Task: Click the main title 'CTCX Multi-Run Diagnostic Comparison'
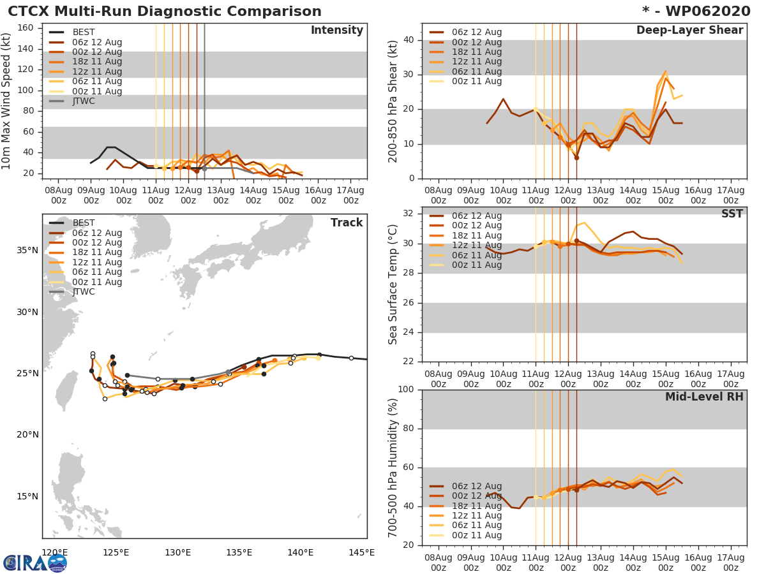click(x=165, y=11)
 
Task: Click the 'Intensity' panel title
click(x=336, y=31)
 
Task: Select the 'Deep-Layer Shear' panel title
click(x=689, y=31)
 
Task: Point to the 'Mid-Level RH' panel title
click(x=704, y=397)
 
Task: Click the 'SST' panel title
click(x=732, y=214)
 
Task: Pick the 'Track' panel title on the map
click(x=347, y=223)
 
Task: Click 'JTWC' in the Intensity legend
click(x=84, y=101)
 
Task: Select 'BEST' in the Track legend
click(x=84, y=223)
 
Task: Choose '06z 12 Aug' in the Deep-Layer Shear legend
click(x=476, y=33)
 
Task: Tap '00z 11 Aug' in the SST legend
click(x=476, y=265)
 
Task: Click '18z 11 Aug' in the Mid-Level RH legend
click(x=476, y=506)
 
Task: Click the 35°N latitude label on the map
click(x=27, y=250)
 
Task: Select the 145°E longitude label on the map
click(x=362, y=552)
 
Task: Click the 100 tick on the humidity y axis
click(x=407, y=390)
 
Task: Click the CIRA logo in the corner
click(x=34, y=563)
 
